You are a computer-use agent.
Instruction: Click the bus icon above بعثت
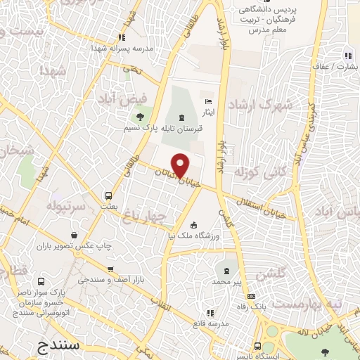[x=108, y=195]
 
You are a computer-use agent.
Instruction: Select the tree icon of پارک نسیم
[x=140, y=117]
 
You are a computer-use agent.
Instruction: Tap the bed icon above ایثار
[x=207, y=101]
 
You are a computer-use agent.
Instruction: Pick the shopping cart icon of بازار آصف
[x=110, y=269]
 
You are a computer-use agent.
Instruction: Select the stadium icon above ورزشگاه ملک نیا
[x=194, y=225]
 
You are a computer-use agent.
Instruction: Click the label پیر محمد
[x=228, y=281]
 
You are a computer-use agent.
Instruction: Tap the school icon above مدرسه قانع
[x=214, y=313]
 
